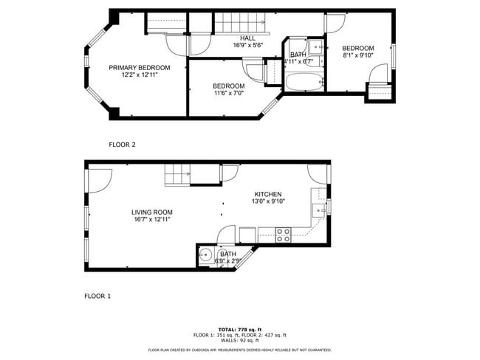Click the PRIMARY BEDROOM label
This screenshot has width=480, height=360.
[139, 67]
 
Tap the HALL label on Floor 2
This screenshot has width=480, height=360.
[247, 38]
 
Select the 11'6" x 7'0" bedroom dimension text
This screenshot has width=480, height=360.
[228, 94]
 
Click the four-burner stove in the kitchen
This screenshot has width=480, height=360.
[283, 235]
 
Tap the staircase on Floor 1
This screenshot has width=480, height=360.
[177, 176]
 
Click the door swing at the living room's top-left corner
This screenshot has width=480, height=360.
[99, 179]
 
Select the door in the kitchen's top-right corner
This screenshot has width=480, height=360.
[318, 174]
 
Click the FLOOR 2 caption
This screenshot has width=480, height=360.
[122, 145]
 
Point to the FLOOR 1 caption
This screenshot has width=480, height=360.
[97, 296]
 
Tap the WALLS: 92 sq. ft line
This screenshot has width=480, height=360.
[239, 340]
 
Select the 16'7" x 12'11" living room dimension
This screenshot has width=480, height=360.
[152, 219]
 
